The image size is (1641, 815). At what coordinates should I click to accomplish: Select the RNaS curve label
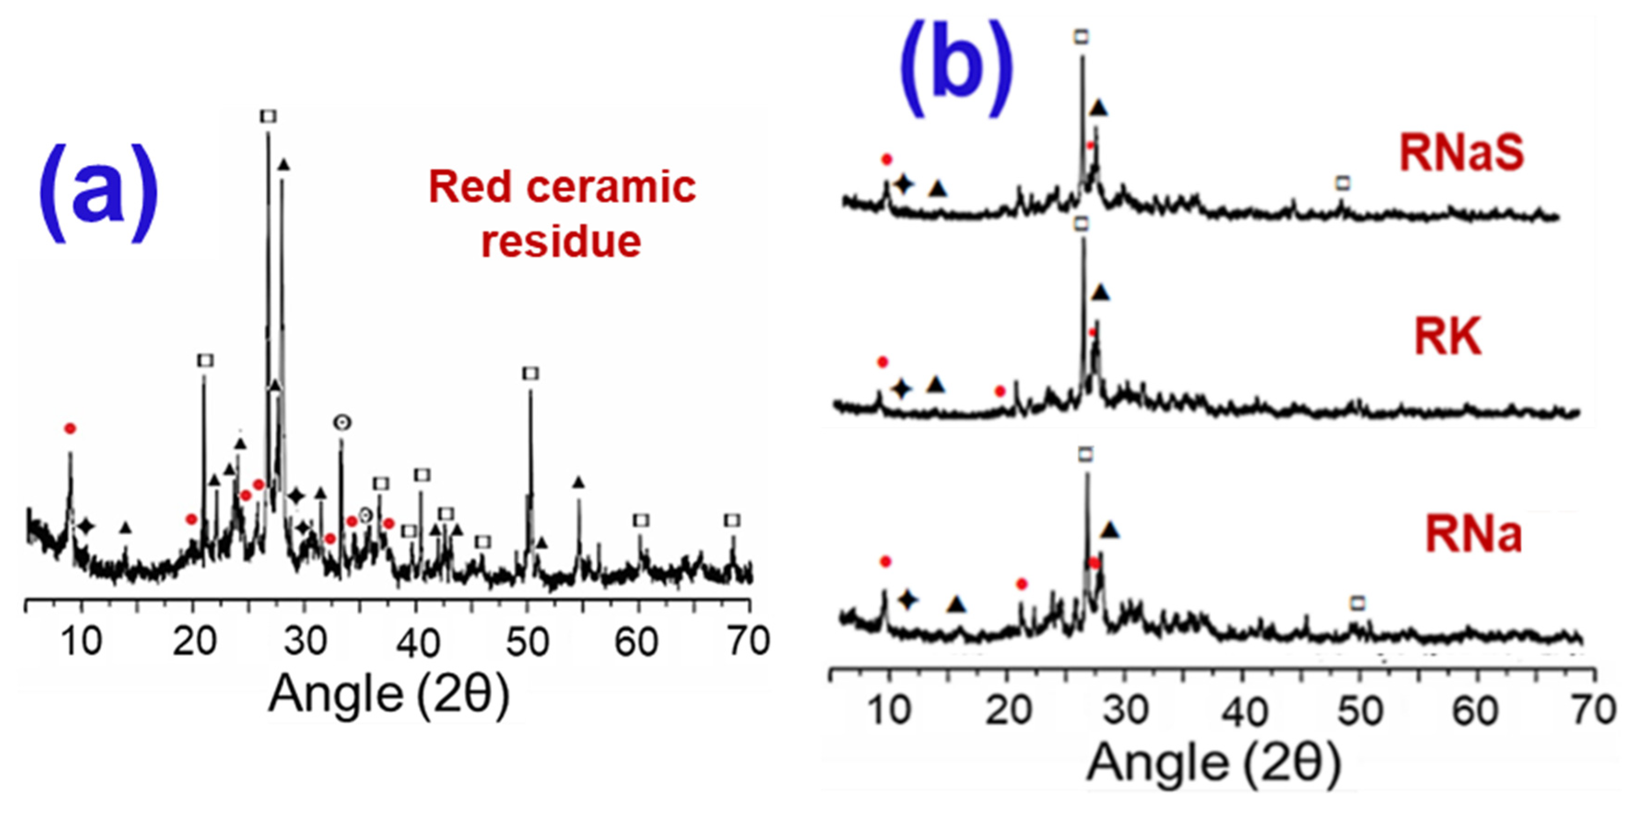[1461, 153]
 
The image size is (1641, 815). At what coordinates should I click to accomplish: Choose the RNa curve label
[1473, 534]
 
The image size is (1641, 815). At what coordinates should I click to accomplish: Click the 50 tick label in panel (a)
[528, 642]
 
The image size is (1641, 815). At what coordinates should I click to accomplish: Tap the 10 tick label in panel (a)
[82, 642]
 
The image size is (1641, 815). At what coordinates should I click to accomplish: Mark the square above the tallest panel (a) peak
[268, 117]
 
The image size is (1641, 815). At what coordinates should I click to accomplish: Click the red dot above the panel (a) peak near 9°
[70, 429]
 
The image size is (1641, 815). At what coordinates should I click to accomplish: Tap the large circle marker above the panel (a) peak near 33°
[342, 422]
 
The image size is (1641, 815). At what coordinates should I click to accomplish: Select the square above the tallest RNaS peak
[1081, 38]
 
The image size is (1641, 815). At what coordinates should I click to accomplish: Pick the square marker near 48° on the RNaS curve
[1343, 183]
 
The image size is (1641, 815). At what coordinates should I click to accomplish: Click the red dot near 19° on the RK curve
[1000, 391]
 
